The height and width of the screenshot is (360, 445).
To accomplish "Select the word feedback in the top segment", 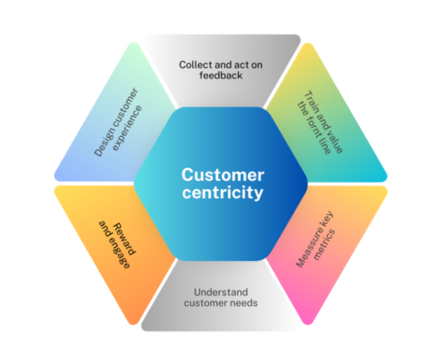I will point(222,78).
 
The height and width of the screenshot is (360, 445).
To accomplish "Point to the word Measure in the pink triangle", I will point(311,254).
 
